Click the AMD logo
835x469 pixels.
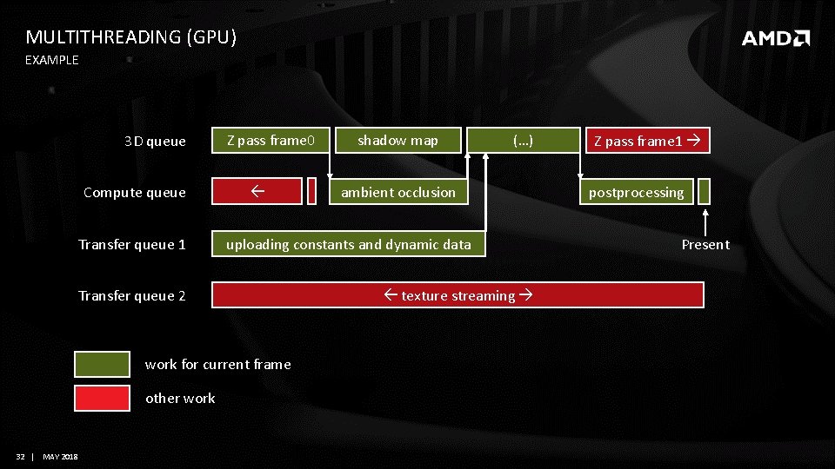(775, 38)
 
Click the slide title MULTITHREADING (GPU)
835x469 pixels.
(130, 36)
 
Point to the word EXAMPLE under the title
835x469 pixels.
(51, 60)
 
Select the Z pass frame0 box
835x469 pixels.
(271, 140)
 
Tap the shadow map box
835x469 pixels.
(397, 140)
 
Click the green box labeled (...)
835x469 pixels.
(524, 140)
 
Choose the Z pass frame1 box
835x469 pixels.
(648, 140)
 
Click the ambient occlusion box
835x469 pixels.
(397, 192)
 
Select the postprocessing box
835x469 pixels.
(637, 192)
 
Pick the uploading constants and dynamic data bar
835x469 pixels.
(348, 244)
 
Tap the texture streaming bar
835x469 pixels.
(458, 295)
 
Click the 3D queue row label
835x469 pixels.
(155, 141)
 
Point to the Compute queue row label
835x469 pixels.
(135, 193)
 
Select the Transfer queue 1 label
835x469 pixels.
(132, 245)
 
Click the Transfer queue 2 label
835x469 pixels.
(132, 296)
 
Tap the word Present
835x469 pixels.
(705, 245)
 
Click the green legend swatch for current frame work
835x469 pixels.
(102, 364)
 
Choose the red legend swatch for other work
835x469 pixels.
(102, 398)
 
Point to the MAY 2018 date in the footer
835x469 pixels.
(59, 457)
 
